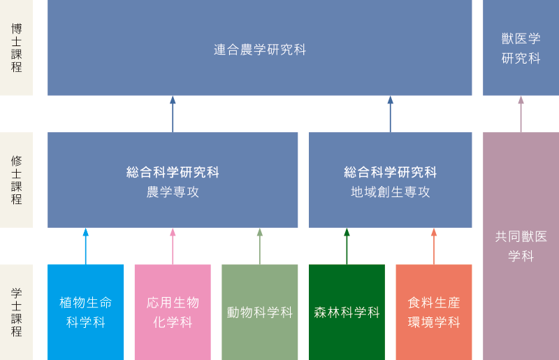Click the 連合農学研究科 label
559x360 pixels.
click(260, 50)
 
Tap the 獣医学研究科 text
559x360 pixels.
click(521, 48)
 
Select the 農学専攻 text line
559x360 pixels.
click(173, 192)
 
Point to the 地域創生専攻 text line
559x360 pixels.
click(391, 192)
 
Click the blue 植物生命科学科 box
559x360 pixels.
click(85, 312)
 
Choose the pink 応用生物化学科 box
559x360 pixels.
click(173, 312)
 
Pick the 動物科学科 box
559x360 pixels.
click(259, 312)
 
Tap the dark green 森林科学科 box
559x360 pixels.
click(347, 312)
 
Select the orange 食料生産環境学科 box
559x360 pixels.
click(434, 312)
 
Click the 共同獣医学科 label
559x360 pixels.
click(521, 246)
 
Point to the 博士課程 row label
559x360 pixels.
click(16, 48)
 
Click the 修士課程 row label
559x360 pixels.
click(16, 180)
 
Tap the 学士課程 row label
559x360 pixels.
click(16, 312)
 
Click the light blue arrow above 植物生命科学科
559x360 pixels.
click(85, 246)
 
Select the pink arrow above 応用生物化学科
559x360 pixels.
click(173, 246)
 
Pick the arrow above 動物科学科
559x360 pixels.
click(259, 246)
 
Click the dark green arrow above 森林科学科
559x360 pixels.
click(347, 246)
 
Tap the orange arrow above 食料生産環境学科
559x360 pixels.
click(434, 246)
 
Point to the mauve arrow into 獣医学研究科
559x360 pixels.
click(521, 114)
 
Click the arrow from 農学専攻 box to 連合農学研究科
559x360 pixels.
click(173, 114)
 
